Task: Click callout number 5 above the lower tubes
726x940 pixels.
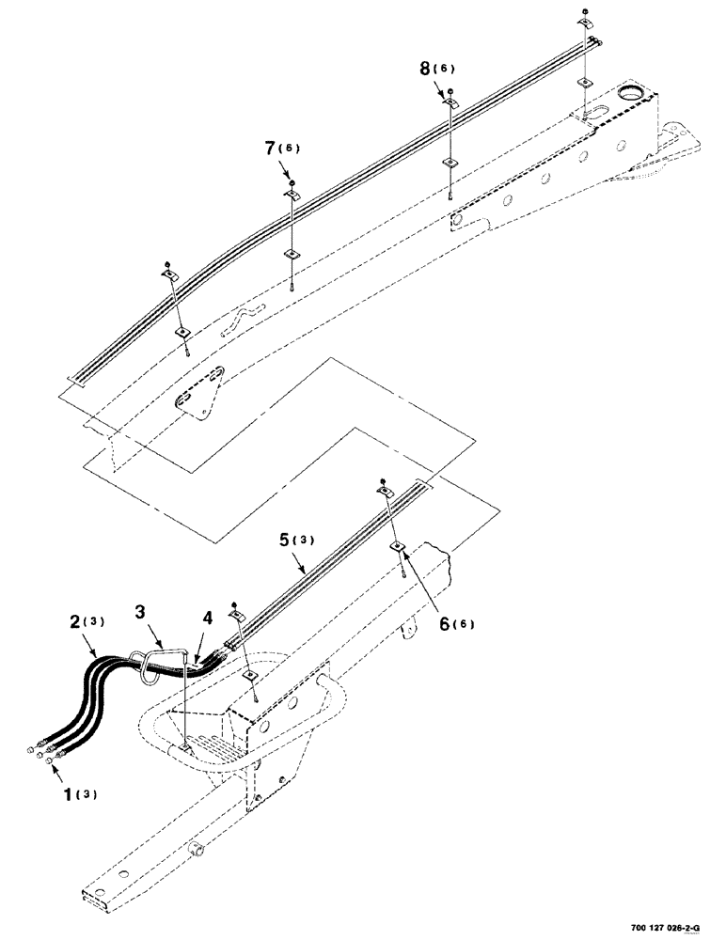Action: (285, 540)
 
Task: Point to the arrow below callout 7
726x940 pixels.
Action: (285, 169)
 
